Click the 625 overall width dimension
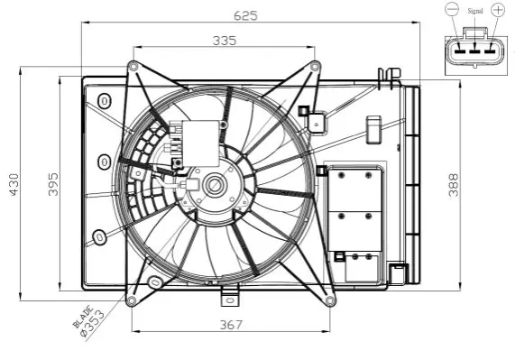pos(245,15)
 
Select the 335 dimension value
pos(225,41)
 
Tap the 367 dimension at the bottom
pos(231,325)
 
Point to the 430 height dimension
pos(14,184)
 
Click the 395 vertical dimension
pos(53,184)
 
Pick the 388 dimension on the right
pos(454,185)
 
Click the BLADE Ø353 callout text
pos(89,321)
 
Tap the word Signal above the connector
pos(475,11)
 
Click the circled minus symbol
pos(452,9)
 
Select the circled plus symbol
pos(498,9)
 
